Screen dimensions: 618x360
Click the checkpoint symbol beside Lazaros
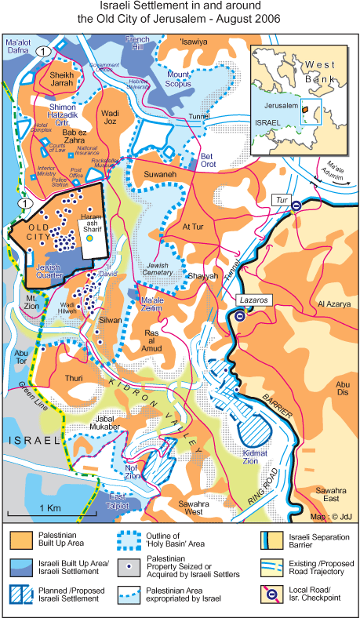239,317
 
